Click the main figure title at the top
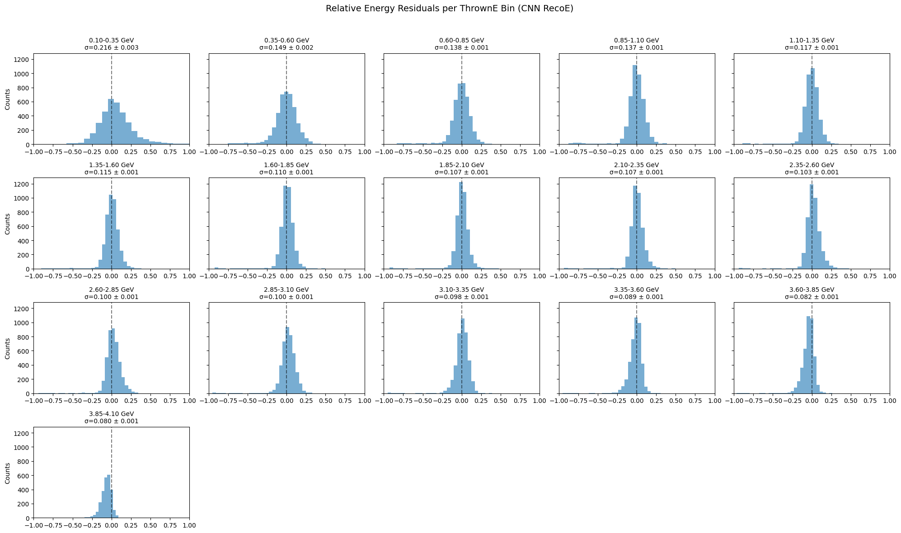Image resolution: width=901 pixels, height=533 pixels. [450, 9]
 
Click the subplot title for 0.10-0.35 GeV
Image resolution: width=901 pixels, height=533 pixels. [111, 40]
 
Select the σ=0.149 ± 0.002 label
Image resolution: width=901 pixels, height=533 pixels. [286, 47]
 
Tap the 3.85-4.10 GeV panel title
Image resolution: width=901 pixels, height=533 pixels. [111, 413]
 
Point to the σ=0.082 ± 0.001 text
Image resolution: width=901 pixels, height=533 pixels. [812, 297]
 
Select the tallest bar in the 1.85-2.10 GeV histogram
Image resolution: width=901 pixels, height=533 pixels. [460, 225]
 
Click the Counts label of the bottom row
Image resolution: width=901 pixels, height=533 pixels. [7, 472]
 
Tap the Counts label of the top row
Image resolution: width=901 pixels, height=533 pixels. [7, 99]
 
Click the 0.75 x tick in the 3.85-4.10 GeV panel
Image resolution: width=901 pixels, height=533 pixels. [170, 525]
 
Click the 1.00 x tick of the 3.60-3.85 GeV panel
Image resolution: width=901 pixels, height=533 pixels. [889, 401]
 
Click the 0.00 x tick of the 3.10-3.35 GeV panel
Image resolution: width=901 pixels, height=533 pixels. [461, 401]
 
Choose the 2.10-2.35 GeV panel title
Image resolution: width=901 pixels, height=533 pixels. [636, 165]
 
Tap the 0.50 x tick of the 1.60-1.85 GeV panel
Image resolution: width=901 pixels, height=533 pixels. [325, 276]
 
